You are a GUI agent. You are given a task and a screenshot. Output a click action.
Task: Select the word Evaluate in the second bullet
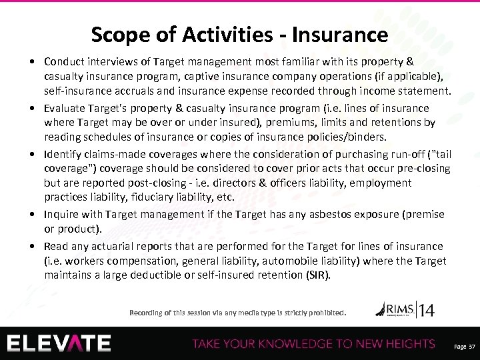[64, 108]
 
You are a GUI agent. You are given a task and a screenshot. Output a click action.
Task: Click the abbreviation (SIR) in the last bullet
[317, 274]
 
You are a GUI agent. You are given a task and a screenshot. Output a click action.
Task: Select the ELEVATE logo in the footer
[60, 343]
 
